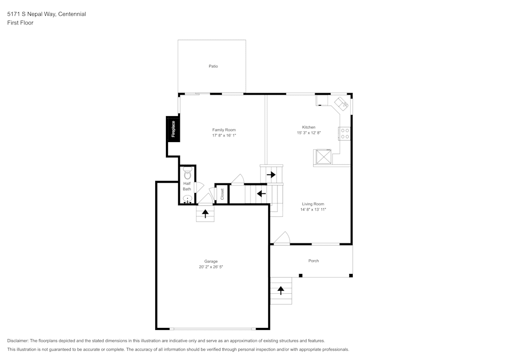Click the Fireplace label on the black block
click(173, 129)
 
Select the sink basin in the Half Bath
click(187, 199)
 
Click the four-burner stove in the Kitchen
click(344, 133)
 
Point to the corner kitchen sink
click(341, 103)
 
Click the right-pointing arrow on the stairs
click(271, 175)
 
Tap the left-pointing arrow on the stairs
click(261, 193)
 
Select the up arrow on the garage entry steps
click(206, 213)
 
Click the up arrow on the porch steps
click(280, 291)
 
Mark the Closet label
click(222, 194)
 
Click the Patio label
click(213, 66)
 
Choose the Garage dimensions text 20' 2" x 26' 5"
click(211, 267)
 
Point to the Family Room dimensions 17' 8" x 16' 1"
click(224, 135)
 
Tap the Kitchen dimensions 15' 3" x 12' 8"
click(309, 133)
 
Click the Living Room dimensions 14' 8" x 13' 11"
click(313, 209)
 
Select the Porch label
click(314, 261)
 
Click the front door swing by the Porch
click(282, 238)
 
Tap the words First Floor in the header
click(20, 23)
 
